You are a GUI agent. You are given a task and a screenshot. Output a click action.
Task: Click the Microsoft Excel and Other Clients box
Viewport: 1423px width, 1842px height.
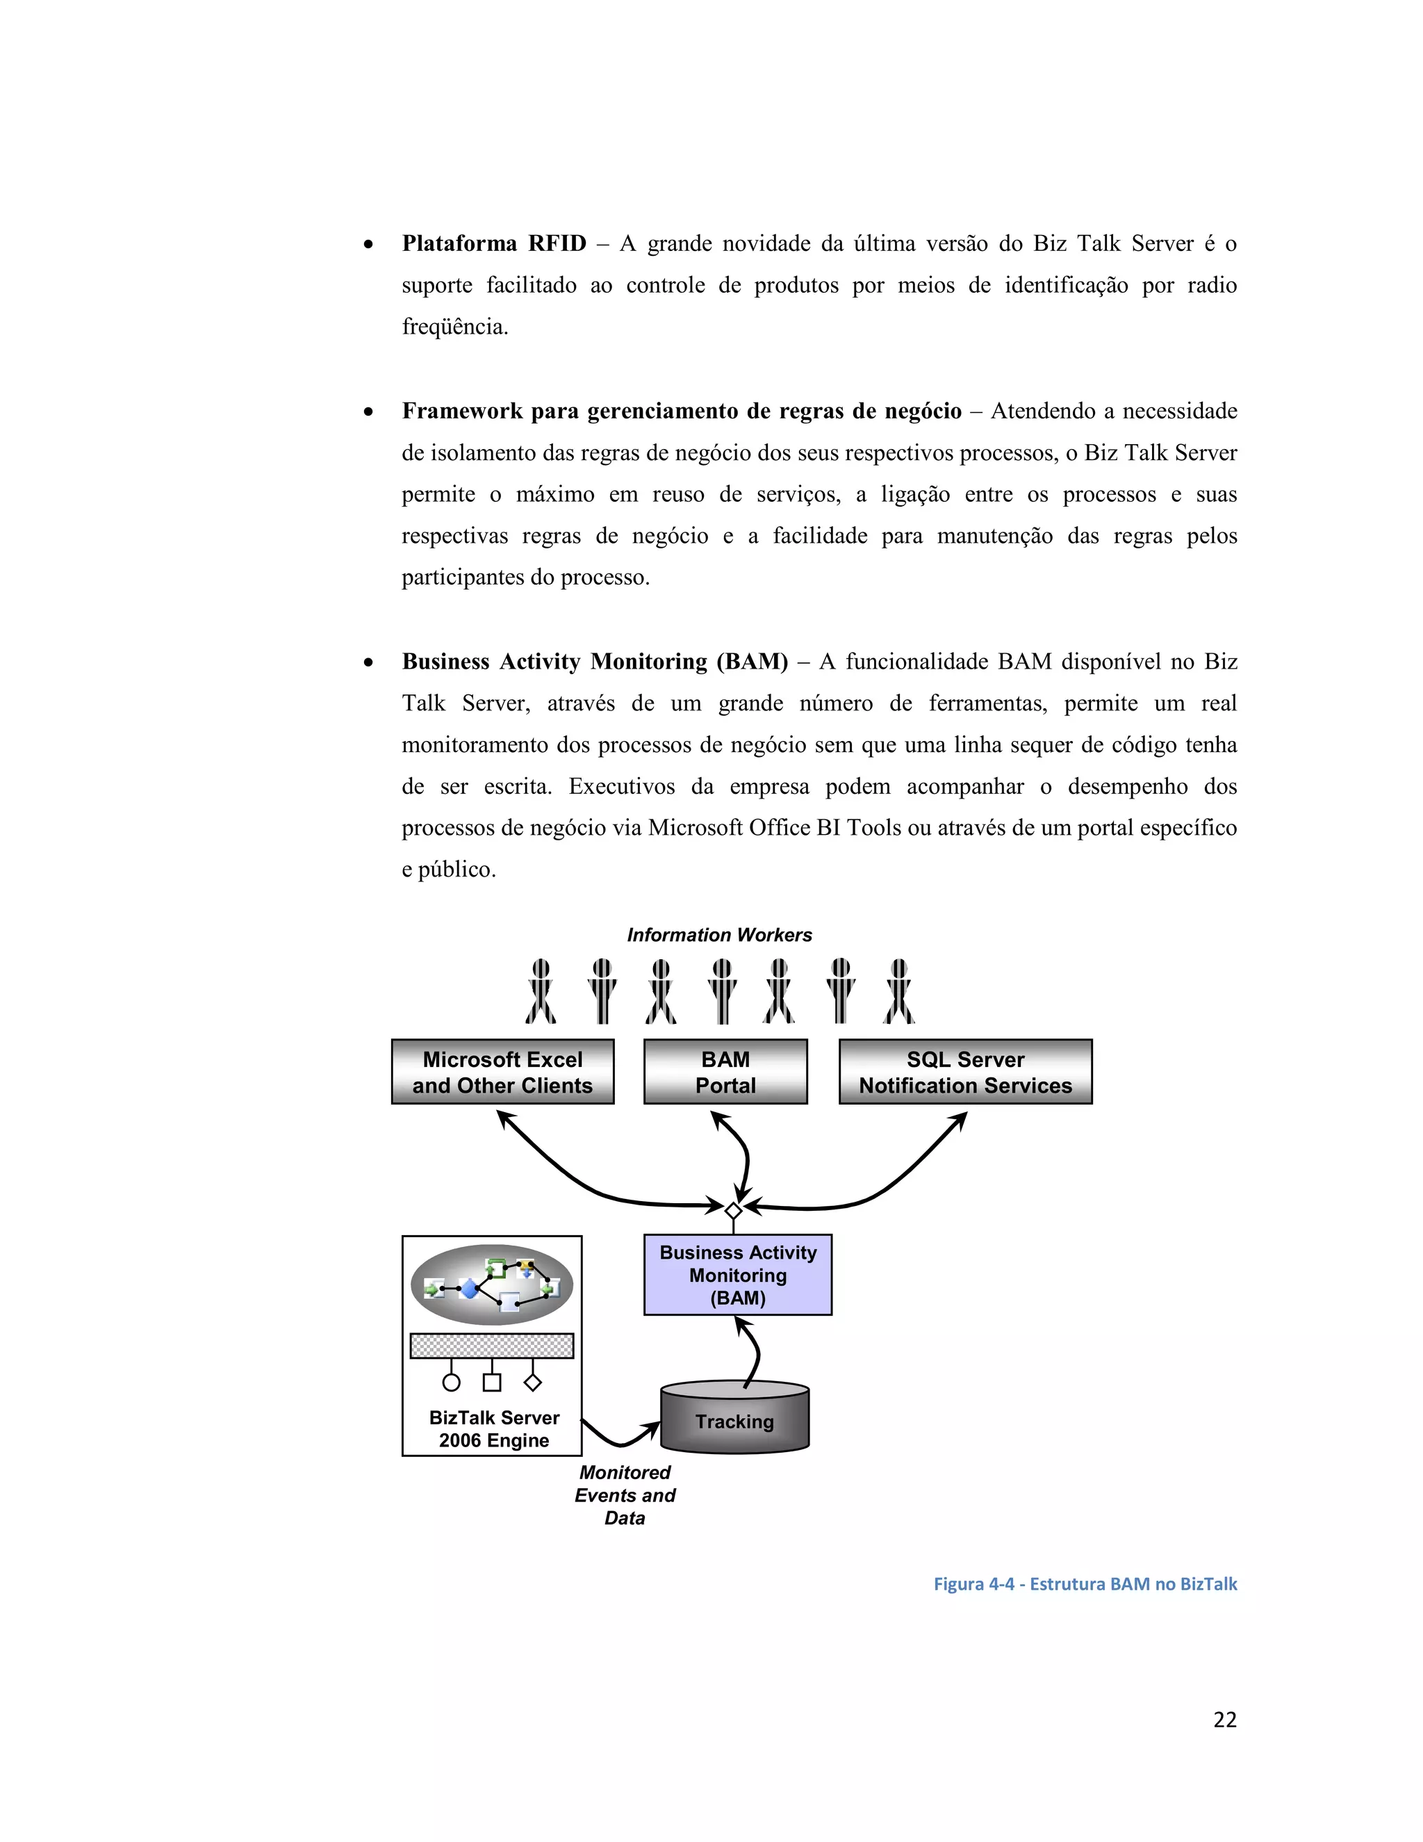[502, 1072]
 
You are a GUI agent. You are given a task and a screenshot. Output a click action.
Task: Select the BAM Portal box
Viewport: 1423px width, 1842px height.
[725, 1072]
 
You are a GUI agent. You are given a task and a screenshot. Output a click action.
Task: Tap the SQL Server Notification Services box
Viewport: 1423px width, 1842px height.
[965, 1072]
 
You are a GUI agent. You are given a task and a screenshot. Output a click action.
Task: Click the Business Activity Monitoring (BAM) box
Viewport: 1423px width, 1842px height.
[738, 1275]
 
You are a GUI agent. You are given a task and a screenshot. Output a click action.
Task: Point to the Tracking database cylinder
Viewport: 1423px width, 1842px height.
[734, 1422]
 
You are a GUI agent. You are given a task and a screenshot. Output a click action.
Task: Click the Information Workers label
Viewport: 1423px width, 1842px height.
[719, 934]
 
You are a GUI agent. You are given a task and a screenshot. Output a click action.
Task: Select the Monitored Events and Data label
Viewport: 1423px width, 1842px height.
[625, 1495]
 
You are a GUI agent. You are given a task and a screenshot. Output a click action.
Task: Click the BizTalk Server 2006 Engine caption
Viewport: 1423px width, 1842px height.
[494, 1428]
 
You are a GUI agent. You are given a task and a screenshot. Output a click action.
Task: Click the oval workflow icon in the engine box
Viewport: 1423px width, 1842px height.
[491, 1285]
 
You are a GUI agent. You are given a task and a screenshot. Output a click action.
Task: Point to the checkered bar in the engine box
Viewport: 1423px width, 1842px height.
[491, 1345]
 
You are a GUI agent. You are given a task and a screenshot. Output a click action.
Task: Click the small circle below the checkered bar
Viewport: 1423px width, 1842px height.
[452, 1383]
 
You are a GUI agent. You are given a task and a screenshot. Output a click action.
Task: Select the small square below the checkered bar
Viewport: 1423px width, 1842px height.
[491, 1383]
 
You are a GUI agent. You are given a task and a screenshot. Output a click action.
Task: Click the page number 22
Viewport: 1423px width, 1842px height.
[1224, 1720]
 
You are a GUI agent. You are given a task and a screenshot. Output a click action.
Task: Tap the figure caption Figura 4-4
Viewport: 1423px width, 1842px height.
[1084, 1584]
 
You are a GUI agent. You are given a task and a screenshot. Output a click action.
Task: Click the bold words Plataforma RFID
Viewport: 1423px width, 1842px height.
[494, 244]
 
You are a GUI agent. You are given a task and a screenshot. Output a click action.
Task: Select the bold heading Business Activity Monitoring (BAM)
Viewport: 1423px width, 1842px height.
[594, 661]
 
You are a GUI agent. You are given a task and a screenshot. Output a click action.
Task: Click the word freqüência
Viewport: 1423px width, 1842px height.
[455, 327]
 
